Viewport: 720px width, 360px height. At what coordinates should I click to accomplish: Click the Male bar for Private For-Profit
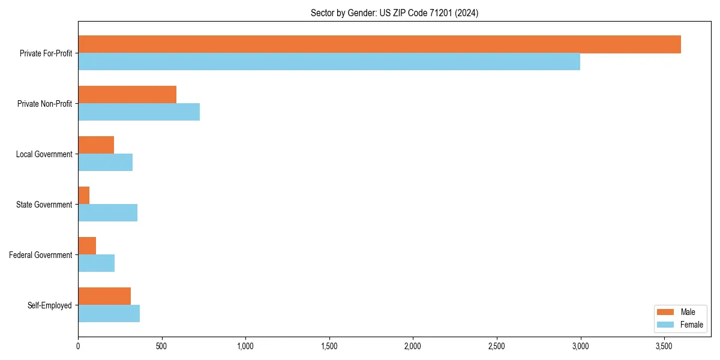click(x=379, y=44)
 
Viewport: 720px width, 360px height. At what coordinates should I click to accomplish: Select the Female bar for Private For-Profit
click(x=329, y=62)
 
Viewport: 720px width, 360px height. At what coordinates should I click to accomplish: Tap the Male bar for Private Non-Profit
click(x=127, y=95)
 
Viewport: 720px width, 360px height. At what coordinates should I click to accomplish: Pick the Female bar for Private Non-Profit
click(x=139, y=112)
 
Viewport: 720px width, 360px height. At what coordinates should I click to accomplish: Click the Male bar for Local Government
click(x=96, y=145)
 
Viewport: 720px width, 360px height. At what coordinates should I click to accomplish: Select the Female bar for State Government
click(x=107, y=213)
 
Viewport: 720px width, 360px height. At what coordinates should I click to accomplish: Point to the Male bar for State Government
click(x=83, y=196)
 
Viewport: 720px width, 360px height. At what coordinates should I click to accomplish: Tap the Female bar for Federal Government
click(x=96, y=263)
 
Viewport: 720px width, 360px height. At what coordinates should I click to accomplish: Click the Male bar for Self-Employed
click(x=104, y=296)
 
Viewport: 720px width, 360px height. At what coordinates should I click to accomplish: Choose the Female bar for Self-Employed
click(x=109, y=314)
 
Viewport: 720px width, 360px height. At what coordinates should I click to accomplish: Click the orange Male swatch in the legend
click(x=665, y=312)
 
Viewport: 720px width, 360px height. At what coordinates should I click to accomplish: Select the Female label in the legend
click(x=691, y=325)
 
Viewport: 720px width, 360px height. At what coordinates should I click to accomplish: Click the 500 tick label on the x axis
click(x=161, y=346)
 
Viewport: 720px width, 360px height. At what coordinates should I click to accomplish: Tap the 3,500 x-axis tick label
click(x=664, y=346)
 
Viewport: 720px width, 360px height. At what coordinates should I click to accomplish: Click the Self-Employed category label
click(x=49, y=305)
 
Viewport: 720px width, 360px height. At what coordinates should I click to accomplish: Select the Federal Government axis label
click(x=41, y=255)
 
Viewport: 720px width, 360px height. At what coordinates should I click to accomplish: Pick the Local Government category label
click(x=44, y=154)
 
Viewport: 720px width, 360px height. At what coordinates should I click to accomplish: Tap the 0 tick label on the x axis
click(x=78, y=346)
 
